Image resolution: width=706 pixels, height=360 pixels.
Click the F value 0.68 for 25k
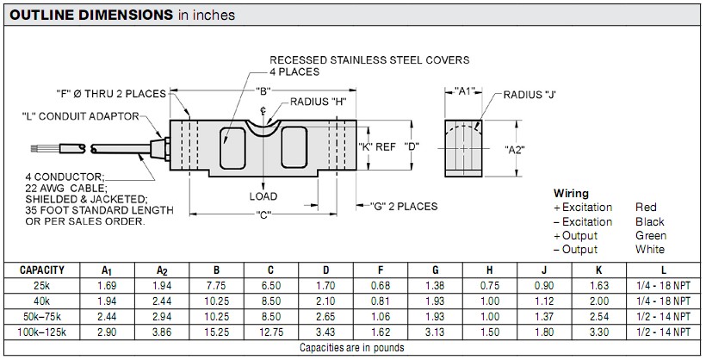pos(381,284)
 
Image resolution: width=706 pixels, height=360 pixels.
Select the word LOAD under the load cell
pos(263,196)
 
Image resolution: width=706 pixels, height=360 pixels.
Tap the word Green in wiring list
pos(650,235)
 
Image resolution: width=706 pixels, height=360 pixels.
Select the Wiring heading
pos(570,194)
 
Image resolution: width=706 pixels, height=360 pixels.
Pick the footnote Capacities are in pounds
pos(353,348)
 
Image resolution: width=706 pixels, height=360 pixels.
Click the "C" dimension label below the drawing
pos(263,214)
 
